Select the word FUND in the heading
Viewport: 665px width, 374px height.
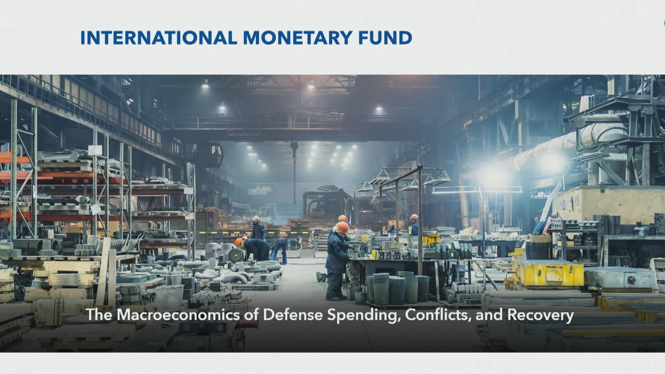pos(385,38)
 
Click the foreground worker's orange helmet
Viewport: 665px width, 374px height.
pos(343,227)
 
